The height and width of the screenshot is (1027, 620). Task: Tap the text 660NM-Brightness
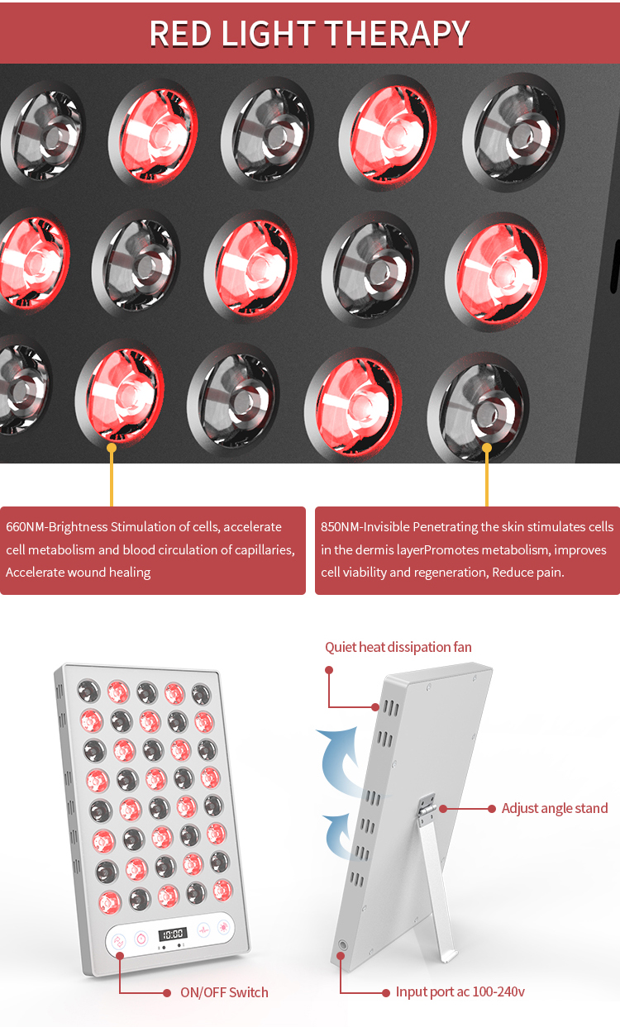[x=57, y=527]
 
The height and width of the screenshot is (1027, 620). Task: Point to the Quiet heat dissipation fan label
[x=398, y=647]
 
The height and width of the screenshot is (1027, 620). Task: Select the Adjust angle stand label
[x=554, y=808]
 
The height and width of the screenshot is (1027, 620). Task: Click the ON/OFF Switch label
[x=224, y=992]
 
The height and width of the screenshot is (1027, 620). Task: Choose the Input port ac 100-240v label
[x=460, y=991]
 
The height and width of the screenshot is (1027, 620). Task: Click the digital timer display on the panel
[x=172, y=934]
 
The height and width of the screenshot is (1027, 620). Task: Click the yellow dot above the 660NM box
[x=112, y=448]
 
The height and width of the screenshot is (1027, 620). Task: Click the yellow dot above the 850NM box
[x=487, y=448]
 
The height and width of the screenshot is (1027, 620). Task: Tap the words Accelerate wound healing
[x=79, y=573]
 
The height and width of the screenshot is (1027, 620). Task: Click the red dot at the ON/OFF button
[x=120, y=955]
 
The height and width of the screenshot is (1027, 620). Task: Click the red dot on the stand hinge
[x=443, y=808]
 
